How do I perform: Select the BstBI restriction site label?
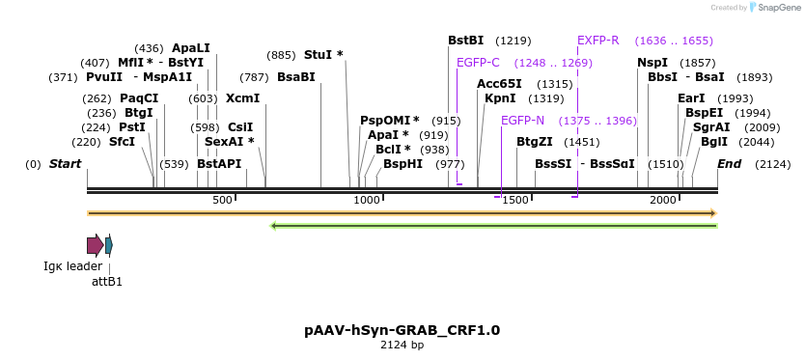(465, 41)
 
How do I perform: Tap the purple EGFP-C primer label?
(478, 63)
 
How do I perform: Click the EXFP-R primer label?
(597, 41)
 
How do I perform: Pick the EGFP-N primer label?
(522, 121)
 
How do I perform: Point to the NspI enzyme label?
(652, 63)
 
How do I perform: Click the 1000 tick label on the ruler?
(367, 200)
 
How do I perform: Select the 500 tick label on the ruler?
(222, 200)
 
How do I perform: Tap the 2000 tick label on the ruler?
(662, 200)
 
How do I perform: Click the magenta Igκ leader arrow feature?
(95, 245)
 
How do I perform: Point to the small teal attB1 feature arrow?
(109, 245)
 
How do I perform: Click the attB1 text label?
(107, 282)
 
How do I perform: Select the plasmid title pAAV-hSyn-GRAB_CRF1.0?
(402, 330)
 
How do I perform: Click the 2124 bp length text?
(402, 345)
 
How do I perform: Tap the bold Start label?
(65, 164)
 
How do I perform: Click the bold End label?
(729, 164)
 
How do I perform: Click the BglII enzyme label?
(714, 141)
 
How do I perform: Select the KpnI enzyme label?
(500, 98)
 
